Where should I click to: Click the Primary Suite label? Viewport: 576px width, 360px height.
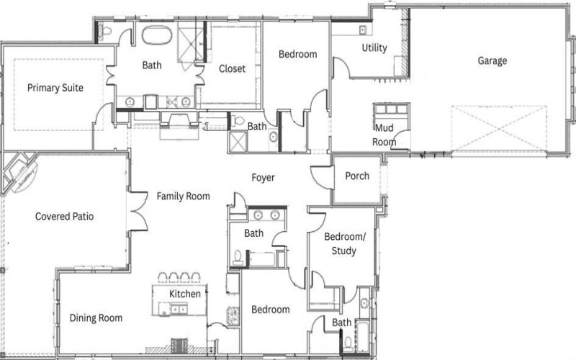(x=55, y=88)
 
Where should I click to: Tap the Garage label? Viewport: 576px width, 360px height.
(x=492, y=60)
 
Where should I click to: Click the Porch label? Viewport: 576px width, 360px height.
(x=357, y=176)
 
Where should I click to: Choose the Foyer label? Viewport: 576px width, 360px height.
(x=263, y=177)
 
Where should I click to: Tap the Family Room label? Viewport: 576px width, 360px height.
(x=184, y=196)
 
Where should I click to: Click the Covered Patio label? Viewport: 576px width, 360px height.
(x=65, y=216)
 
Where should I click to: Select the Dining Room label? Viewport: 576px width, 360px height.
(x=96, y=318)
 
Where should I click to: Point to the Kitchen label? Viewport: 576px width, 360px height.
(x=184, y=294)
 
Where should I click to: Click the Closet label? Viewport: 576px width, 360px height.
(x=232, y=69)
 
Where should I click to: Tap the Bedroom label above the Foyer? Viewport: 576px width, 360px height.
(x=297, y=54)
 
